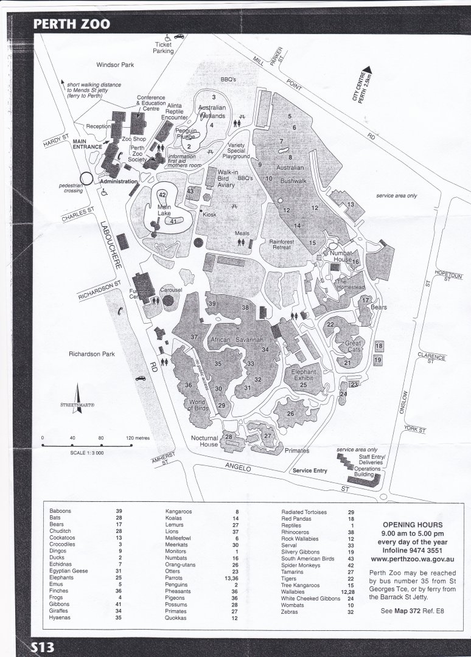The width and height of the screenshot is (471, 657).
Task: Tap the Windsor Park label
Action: pyautogui.click(x=115, y=64)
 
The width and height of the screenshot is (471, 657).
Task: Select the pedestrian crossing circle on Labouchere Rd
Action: pyautogui.click(x=87, y=178)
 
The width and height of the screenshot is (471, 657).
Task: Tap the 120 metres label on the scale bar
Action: pyautogui.click(x=138, y=437)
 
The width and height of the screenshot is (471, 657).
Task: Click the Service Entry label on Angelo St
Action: pyautogui.click(x=310, y=471)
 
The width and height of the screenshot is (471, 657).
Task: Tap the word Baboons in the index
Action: pyautogui.click(x=61, y=511)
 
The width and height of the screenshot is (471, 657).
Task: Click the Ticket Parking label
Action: pyautogui.click(x=163, y=48)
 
